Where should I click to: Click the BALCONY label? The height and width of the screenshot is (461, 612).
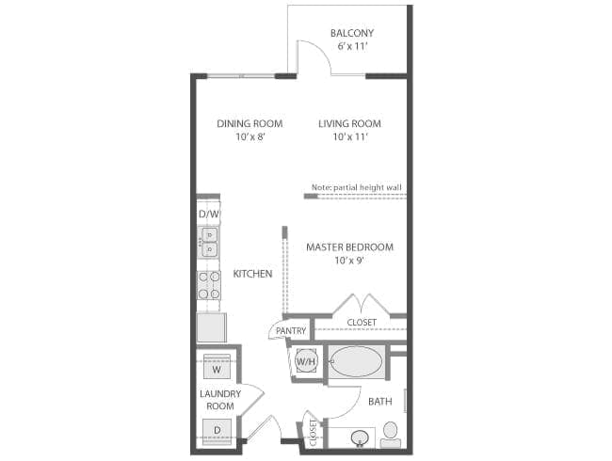click(x=352, y=33)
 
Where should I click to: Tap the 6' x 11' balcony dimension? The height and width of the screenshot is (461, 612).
click(x=352, y=46)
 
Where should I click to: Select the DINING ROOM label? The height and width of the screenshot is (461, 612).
click(x=250, y=123)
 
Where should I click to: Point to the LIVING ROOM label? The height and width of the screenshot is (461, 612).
click(x=349, y=123)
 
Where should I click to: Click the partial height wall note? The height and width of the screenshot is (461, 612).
click(x=356, y=187)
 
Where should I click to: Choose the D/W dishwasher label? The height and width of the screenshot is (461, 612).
click(x=209, y=214)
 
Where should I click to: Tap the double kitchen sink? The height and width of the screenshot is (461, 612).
click(x=209, y=242)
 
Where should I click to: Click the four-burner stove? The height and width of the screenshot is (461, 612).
click(x=209, y=285)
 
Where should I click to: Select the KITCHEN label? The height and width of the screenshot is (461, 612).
click(x=252, y=274)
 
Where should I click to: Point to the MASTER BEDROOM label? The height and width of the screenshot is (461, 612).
click(x=349, y=247)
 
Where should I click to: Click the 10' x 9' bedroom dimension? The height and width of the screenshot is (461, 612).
click(x=349, y=261)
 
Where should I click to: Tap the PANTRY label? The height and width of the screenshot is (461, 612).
click(x=291, y=331)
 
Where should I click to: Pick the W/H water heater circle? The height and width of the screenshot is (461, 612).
click(x=306, y=361)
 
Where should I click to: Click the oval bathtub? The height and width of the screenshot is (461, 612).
click(x=356, y=361)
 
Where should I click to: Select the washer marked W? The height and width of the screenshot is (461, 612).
click(x=217, y=366)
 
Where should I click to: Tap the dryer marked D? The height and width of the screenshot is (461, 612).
click(x=217, y=431)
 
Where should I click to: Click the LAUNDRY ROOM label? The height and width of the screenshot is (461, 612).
click(x=220, y=400)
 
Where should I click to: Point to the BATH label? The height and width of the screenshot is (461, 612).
click(x=380, y=402)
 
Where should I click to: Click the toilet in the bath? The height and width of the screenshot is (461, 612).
click(x=391, y=435)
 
